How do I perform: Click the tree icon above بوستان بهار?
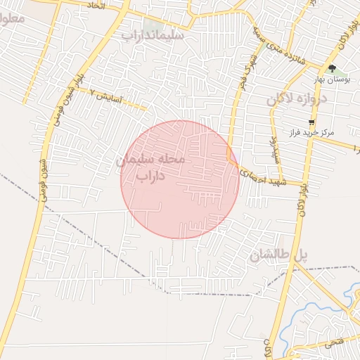click(x=332, y=69)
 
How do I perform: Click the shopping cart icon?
click(x=311, y=121)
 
